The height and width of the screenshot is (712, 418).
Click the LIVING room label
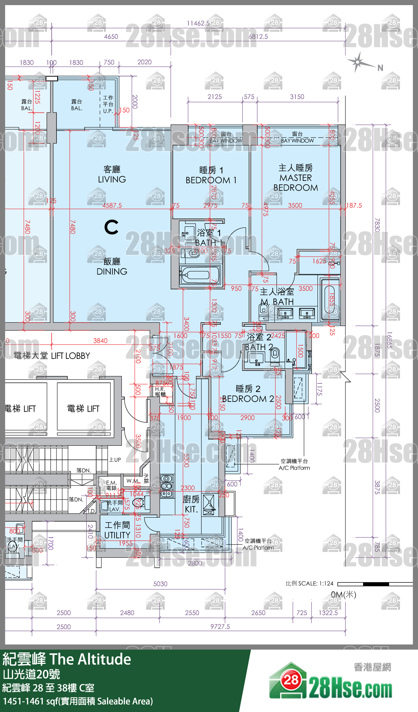point(112,179)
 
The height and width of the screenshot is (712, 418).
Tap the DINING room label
point(112,271)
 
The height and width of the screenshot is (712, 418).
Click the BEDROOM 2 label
point(248,398)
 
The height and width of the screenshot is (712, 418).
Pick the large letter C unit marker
point(111,227)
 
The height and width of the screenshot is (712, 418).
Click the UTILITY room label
point(117,535)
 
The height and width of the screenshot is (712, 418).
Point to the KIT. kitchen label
point(191,509)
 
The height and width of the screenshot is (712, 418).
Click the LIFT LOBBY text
point(70,356)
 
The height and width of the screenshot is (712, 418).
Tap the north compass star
point(358,62)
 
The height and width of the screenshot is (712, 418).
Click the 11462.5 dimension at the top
point(198,23)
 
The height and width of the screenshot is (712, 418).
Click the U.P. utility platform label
point(108,111)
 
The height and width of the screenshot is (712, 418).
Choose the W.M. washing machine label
point(132,481)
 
